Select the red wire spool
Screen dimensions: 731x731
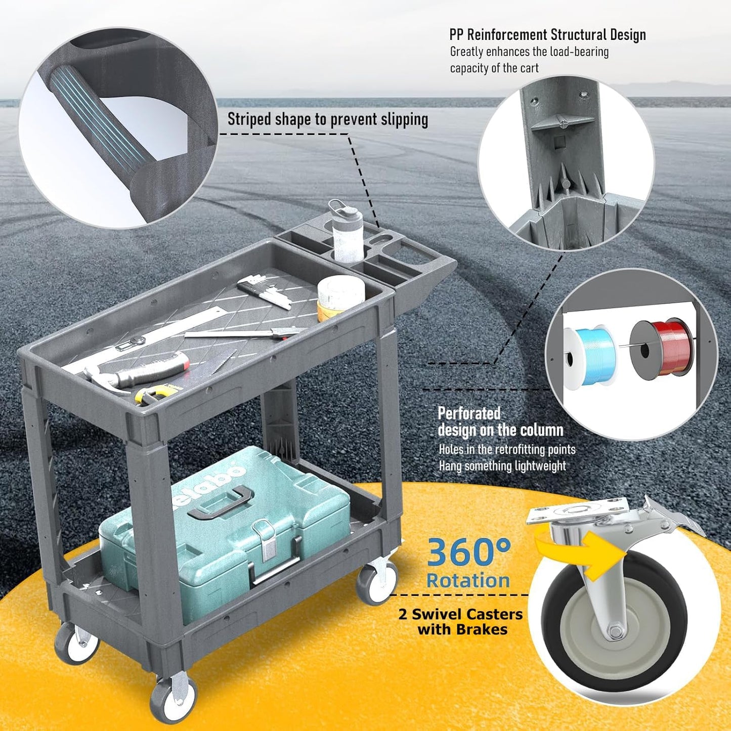point(658,347)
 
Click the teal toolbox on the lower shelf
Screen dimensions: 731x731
point(224,527)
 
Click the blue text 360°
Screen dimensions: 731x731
point(468,553)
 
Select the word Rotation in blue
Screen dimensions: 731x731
point(468,581)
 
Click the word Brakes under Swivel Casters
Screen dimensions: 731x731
point(481,629)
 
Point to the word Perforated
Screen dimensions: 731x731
point(469,414)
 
